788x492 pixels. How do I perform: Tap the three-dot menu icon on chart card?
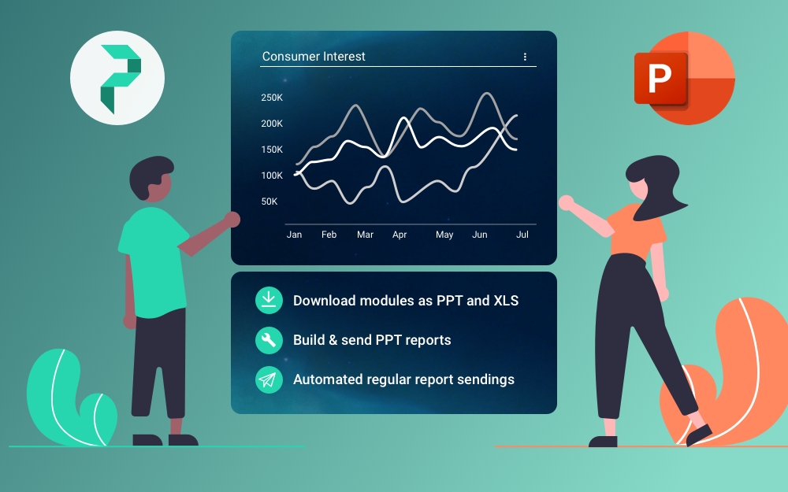tap(525, 57)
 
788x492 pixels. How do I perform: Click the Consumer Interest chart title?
tap(314, 56)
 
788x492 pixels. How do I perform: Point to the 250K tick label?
tap(272, 98)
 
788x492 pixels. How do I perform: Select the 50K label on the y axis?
tap(269, 202)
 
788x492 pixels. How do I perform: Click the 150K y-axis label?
tap(272, 150)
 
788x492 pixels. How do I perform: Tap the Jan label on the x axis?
tap(294, 235)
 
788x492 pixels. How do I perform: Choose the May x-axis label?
tap(444, 235)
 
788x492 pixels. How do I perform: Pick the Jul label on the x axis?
tap(522, 235)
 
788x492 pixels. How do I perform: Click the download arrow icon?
tap(269, 300)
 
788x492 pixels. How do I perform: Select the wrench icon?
tap(269, 340)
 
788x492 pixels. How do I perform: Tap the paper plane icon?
tap(269, 379)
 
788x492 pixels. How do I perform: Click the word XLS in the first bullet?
tap(506, 300)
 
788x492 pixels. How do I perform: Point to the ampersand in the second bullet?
tap(333, 340)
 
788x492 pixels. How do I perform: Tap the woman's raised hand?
tap(567, 202)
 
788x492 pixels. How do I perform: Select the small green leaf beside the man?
tap(98, 419)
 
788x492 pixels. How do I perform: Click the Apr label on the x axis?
tap(400, 235)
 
